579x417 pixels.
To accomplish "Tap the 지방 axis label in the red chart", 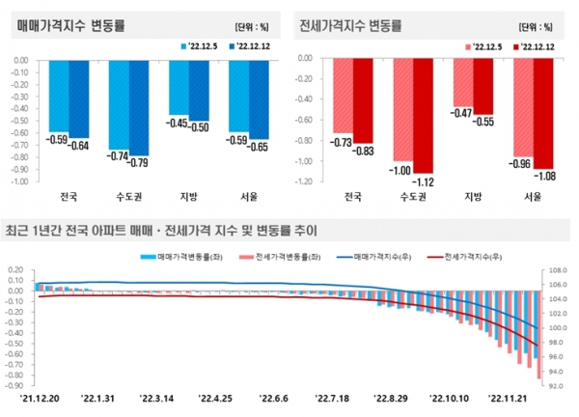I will (475, 197).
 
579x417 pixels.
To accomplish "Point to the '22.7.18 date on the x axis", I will (332, 397).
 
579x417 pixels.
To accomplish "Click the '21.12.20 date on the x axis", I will (40, 397).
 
